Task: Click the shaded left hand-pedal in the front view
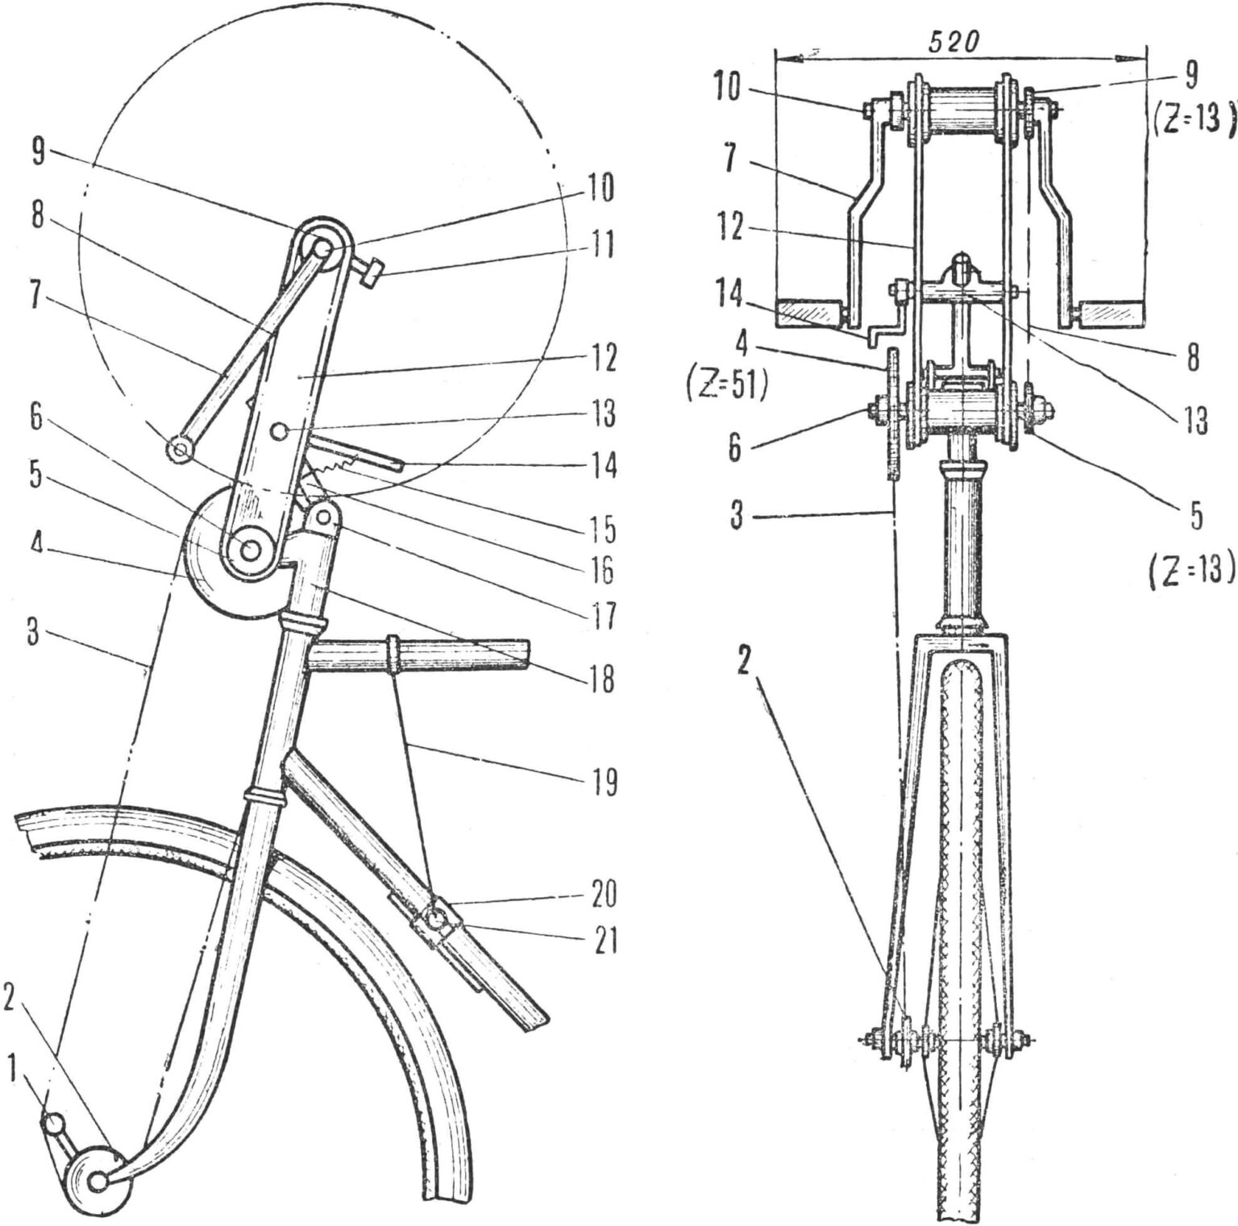point(808,313)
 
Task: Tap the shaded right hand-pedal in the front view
point(1112,312)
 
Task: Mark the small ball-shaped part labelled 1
point(53,1123)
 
